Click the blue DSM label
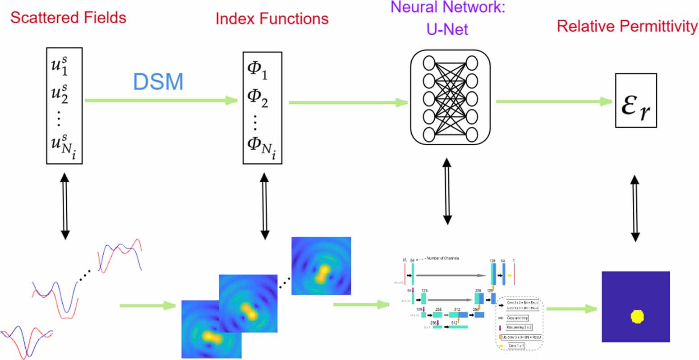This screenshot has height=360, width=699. (x=158, y=82)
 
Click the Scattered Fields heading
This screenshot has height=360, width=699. (x=68, y=18)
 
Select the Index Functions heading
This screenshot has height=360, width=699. (x=272, y=19)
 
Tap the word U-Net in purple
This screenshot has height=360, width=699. (x=447, y=29)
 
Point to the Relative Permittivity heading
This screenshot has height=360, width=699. (x=627, y=26)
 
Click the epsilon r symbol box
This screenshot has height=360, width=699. (x=636, y=101)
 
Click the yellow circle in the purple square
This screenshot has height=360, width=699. (x=637, y=317)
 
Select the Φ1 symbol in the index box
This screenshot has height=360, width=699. (x=258, y=70)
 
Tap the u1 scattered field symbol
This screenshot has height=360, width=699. (x=60, y=66)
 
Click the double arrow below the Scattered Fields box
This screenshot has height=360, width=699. (x=65, y=206)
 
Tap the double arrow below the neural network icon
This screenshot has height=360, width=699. (x=447, y=191)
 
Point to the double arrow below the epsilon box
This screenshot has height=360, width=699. (x=635, y=209)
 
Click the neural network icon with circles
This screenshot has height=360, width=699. (x=450, y=98)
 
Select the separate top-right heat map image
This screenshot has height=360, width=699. (x=321, y=266)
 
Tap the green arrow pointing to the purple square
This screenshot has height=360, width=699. (x=571, y=309)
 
